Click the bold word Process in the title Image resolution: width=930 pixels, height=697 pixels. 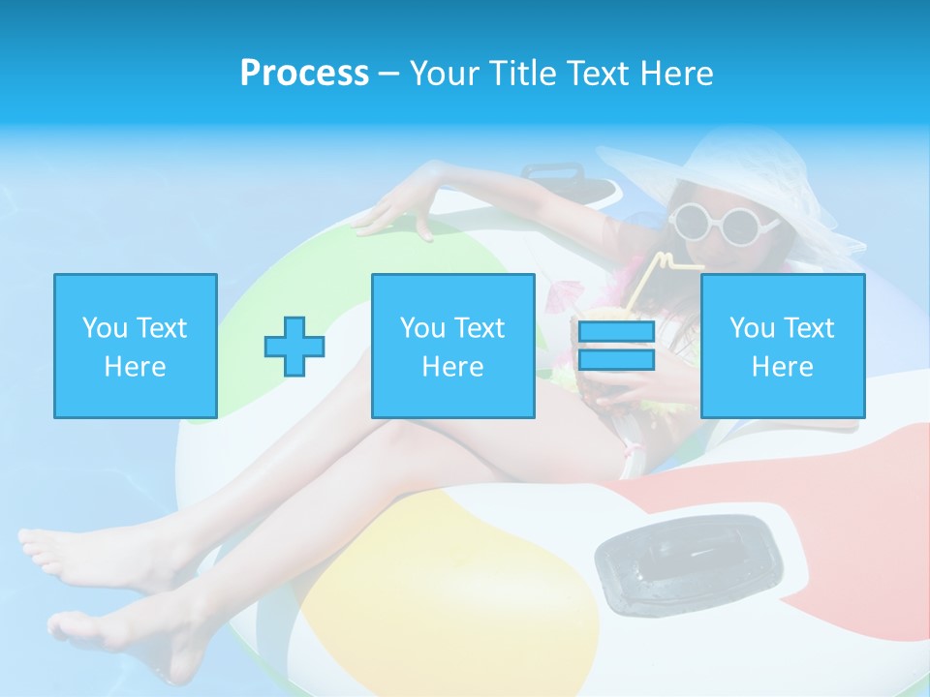[304, 74]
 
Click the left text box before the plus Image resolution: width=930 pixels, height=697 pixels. [136, 347]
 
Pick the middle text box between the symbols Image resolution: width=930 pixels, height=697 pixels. [453, 347]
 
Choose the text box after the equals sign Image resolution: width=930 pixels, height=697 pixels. [783, 347]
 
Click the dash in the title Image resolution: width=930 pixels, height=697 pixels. [388, 74]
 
